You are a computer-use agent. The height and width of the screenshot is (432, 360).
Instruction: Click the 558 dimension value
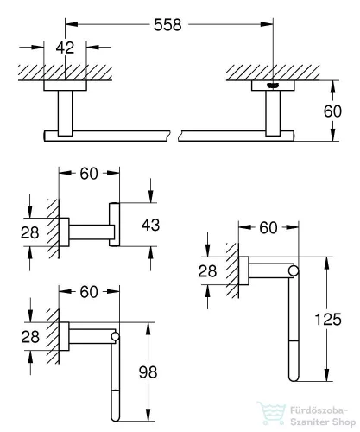click(x=167, y=25)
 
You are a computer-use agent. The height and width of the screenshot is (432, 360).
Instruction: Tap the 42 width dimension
click(x=65, y=48)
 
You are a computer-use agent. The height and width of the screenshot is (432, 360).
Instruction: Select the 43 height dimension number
click(x=150, y=225)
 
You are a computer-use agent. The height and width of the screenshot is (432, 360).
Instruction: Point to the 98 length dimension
click(x=148, y=372)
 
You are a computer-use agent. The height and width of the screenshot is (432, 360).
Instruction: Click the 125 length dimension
click(x=328, y=320)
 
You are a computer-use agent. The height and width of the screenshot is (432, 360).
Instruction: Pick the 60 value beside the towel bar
click(x=332, y=111)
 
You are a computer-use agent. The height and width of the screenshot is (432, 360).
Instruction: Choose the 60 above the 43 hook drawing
click(x=89, y=174)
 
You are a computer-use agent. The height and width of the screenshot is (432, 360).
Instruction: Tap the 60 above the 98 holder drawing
click(x=89, y=292)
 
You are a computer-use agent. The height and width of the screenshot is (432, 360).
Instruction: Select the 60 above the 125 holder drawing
click(x=268, y=228)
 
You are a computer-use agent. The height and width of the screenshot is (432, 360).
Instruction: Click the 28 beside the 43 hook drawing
click(x=29, y=232)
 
